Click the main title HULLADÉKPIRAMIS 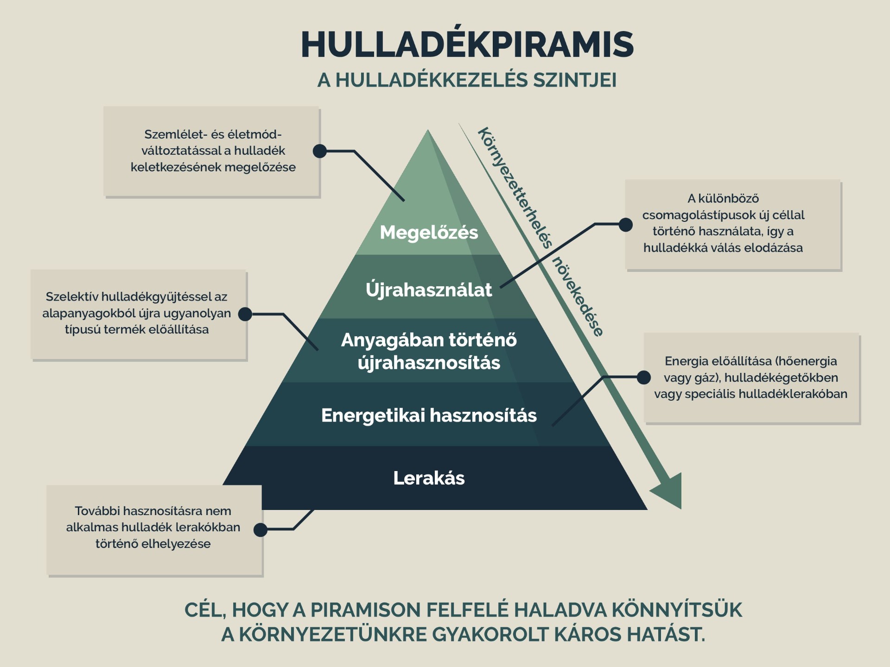click(x=467, y=44)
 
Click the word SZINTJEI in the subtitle click(x=575, y=80)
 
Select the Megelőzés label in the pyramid click(x=429, y=233)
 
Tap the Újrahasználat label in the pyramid click(x=429, y=290)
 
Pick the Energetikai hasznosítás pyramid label click(x=429, y=415)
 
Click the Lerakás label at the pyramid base click(x=429, y=478)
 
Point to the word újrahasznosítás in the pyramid click(x=429, y=363)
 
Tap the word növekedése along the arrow click(x=578, y=296)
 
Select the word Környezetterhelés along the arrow click(x=515, y=188)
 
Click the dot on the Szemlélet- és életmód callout click(x=320, y=151)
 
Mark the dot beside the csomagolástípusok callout click(x=626, y=225)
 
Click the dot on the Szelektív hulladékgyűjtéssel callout click(x=245, y=314)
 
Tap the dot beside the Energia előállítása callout click(x=643, y=378)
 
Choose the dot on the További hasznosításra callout click(x=261, y=529)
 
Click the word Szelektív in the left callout click(x=72, y=297)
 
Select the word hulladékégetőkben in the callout click(x=781, y=378)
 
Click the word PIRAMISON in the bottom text click(x=365, y=610)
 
